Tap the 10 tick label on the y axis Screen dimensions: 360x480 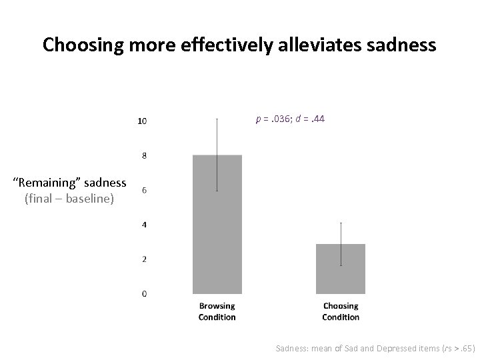142,121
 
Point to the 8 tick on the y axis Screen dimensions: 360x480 144,156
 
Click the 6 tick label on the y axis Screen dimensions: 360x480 144,191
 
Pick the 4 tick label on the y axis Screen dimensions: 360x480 144,225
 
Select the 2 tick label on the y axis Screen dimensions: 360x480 144,259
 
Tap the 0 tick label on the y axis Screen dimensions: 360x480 144,294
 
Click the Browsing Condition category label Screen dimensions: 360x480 217,311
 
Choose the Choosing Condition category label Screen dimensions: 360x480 341,311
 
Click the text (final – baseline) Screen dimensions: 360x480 69,199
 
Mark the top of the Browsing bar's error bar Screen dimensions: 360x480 217,119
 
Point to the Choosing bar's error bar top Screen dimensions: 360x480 341,223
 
